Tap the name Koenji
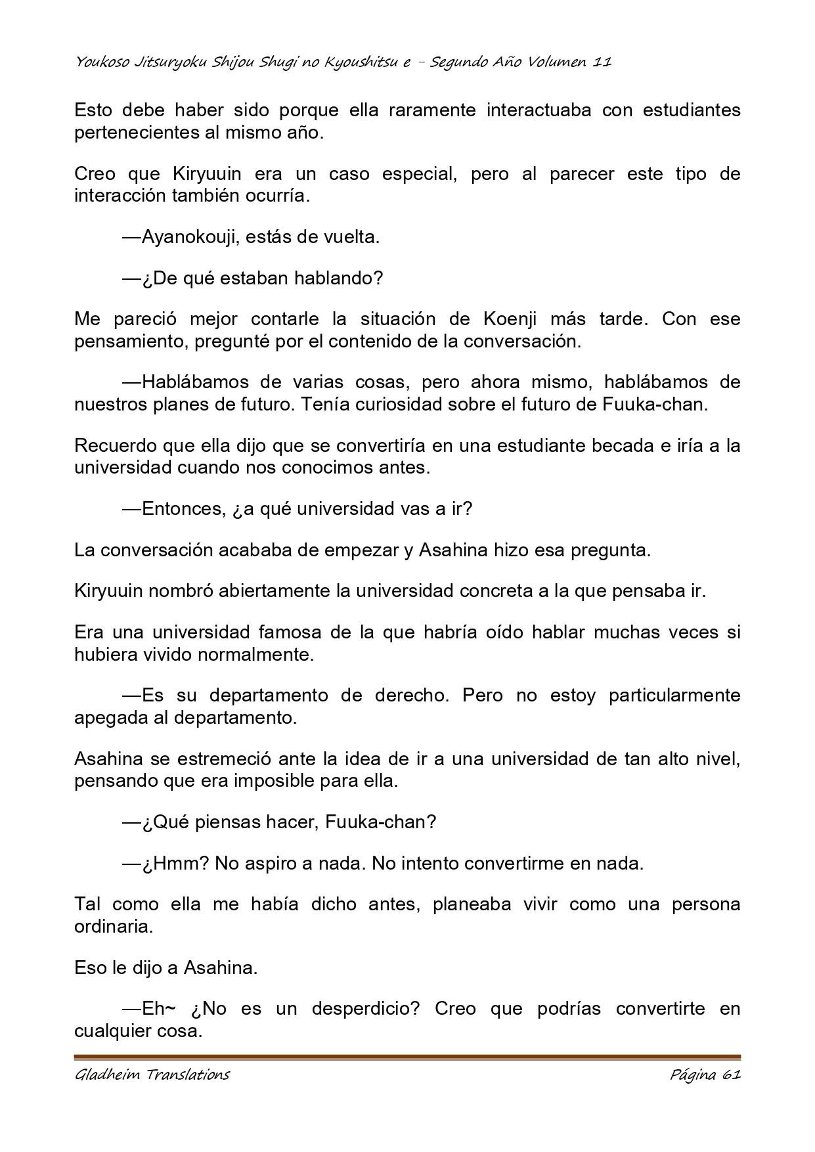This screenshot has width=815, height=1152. point(510,319)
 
